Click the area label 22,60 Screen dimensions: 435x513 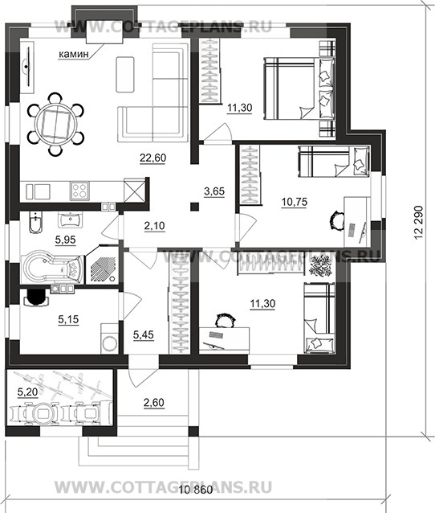pyautogui.click(x=152, y=158)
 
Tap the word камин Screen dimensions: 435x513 pyautogui.click(x=74, y=55)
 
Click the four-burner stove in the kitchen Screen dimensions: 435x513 pyautogui.click(x=79, y=191)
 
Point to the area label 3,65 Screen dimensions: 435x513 pyautogui.click(x=214, y=191)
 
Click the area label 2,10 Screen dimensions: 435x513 pyautogui.click(x=154, y=226)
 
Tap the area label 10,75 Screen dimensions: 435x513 pyautogui.click(x=295, y=202)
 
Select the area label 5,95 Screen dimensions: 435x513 pyautogui.click(x=65, y=240)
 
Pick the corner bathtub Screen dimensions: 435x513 pyautogui.click(x=51, y=268)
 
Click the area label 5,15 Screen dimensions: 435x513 pyautogui.click(x=68, y=319)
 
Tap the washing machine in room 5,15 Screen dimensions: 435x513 pyautogui.click(x=109, y=339)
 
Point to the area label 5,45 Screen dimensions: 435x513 pyautogui.click(x=144, y=334)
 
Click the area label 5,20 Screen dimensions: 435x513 pyautogui.click(x=27, y=392)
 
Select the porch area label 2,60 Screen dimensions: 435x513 pyautogui.click(x=154, y=403)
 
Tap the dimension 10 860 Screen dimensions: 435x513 pyautogui.click(x=196, y=490)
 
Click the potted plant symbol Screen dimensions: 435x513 pyautogui.click(x=321, y=265)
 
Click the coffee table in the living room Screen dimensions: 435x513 pyautogui.click(x=124, y=74)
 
